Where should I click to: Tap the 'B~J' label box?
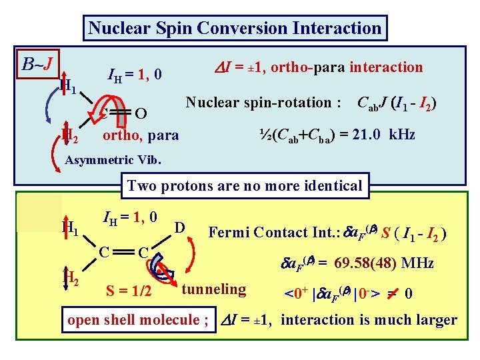[37, 64]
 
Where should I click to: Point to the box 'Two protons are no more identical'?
[244, 185]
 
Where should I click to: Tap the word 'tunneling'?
[214, 289]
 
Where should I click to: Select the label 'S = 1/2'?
[129, 291]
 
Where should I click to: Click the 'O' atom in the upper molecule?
[141, 111]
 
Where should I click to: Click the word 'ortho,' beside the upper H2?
[122, 135]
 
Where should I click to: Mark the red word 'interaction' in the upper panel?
[386, 67]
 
